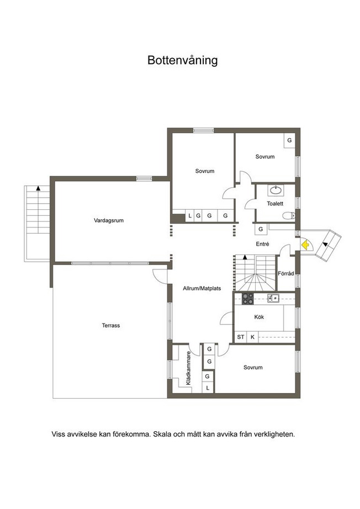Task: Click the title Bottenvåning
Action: point(182,60)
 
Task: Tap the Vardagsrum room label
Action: point(109,220)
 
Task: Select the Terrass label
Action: point(111,325)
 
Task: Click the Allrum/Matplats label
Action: point(202,288)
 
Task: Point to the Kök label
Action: point(259,317)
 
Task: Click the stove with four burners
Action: point(248,299)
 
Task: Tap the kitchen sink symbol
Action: point(273,298)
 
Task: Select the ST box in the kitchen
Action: point(241,337)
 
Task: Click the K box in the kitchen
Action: point(252,337)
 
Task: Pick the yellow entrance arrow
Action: point(305,245)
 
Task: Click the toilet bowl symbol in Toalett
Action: point(288,215)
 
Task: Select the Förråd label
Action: point(285,274)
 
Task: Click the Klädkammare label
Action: point(189,368)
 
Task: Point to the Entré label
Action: point(262,244)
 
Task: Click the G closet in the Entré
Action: point(261,229)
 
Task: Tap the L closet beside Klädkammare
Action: point(208,388)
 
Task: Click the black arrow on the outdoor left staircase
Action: point(38,188)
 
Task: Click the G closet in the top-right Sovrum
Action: point(289,141)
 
